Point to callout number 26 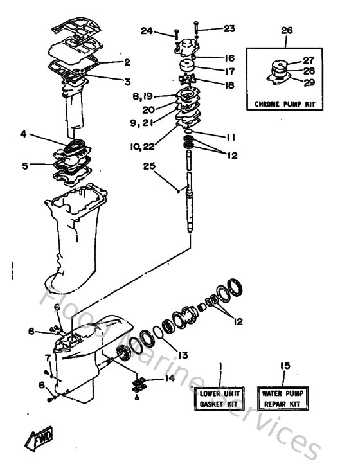287,30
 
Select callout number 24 147,30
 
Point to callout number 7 47,357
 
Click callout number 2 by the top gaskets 127,62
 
